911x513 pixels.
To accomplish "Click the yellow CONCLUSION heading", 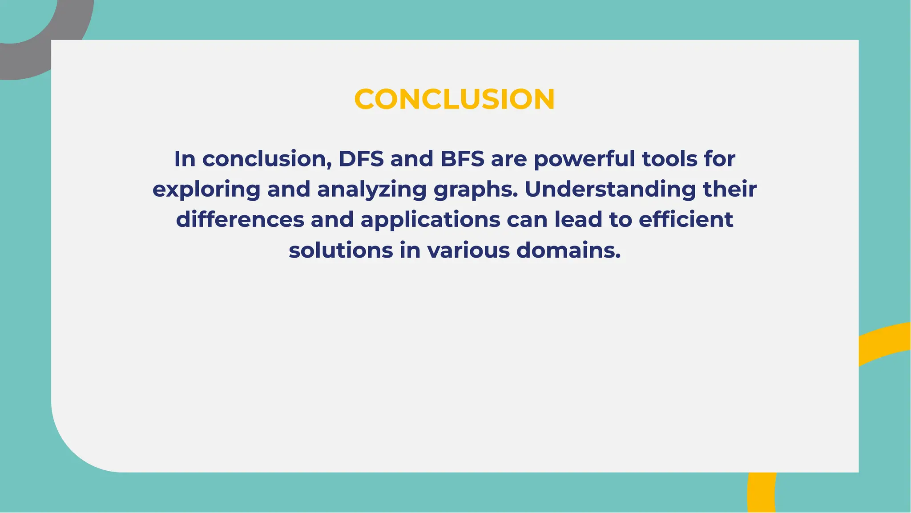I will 454,99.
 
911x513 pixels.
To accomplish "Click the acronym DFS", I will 361,159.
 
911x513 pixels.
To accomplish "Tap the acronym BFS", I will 462,159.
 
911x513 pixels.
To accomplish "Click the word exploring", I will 206,190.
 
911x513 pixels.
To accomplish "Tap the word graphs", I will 476,190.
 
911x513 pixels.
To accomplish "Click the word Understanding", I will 610,190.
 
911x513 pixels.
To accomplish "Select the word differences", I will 240,220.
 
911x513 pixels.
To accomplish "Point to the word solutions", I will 341,250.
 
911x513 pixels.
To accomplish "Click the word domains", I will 568,250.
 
